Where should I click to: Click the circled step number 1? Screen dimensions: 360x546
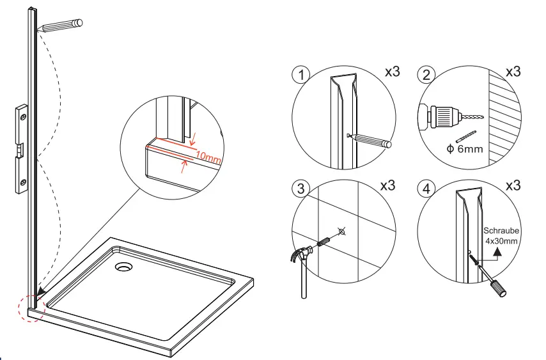click(300, 74)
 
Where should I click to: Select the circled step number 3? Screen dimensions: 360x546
click(300, 189)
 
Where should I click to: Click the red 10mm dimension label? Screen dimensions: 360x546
click(208, 157)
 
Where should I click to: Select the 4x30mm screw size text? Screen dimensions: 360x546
click(501, 242)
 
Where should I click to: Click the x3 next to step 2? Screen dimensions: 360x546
click(513, 72)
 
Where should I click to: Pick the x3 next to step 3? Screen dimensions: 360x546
click(388, 186)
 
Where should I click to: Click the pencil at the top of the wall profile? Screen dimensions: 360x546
click(61, 26)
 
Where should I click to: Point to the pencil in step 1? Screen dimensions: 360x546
click(374, 141)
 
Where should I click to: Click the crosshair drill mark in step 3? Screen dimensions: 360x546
click(341, 231)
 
